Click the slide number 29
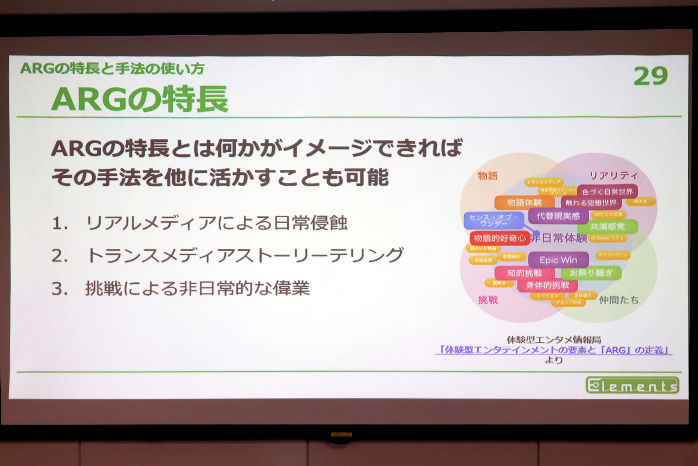click(x=650, y=76)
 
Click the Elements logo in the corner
click(x=632, y=385)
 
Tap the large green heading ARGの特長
click(x=140, y=99)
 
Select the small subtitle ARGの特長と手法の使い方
click(x=112, y=68)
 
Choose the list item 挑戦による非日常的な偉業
click(x=197, y=288)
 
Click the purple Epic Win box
click(x=558, y=260)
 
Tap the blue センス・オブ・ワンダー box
click(x=493, y=220)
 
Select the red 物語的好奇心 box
click(x=499, y=238)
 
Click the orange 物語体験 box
click(x=524, y=202)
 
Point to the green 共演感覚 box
click(x=607, y=226)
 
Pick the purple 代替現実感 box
click(x=558, y=216)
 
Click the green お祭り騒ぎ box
click(x=591, y=273)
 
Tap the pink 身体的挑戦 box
click(x=547, y=285)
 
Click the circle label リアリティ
click(x=613, y=175)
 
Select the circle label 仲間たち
click(x=618, y=300)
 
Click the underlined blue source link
click(x=554, y=350)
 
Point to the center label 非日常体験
click(x=559, y=238)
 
